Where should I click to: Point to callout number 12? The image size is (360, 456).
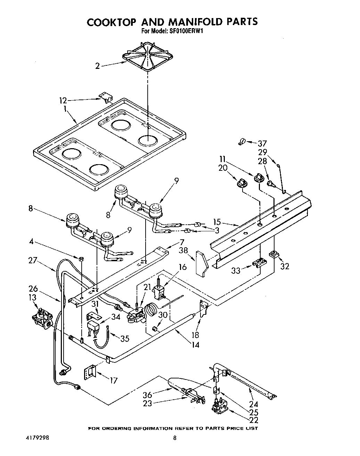pyautogui.click(x=63, y=101)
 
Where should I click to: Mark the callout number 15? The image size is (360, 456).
pyautogui.click(x=217, y=222)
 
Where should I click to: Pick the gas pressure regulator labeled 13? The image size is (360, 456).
pyautogui.click(x=42, y=317)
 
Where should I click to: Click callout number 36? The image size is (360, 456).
pyautogui.click(x=148, y=395)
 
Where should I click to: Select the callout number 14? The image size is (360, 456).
pyautogui.click(x=195, y=345)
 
